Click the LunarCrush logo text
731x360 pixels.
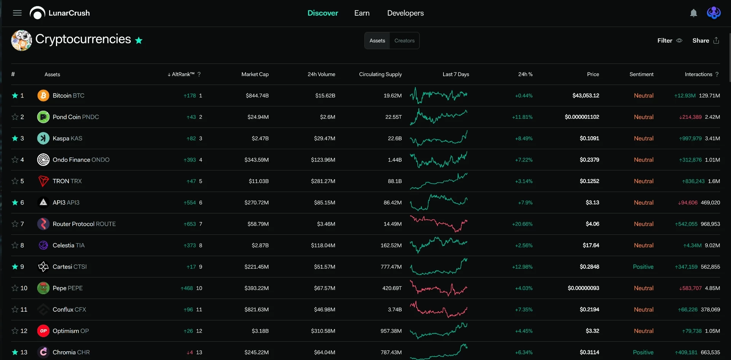[69, 13]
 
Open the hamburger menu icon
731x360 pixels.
[17, 13]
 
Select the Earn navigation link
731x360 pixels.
[362, 13]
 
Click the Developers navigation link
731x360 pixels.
[405, 13]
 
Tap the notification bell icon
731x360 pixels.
[694, 13]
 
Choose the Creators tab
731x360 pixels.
[404, 41]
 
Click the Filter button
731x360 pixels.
[670, 40]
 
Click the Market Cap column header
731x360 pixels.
[255, 74]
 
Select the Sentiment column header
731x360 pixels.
[641, 74]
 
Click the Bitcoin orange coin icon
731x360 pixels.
[43, 96]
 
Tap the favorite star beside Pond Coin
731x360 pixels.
[15, 117]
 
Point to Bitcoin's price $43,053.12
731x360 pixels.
[586, 96]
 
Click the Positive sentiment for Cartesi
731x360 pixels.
[643, 267]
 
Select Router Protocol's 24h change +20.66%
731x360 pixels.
[522, 224]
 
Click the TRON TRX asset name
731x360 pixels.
[67, 181]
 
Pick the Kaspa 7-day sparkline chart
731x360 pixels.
[439, 139]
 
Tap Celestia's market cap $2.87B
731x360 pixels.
[260, 245]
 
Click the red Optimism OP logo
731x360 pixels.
[43, 331]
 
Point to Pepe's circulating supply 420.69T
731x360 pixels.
[392, 288]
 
